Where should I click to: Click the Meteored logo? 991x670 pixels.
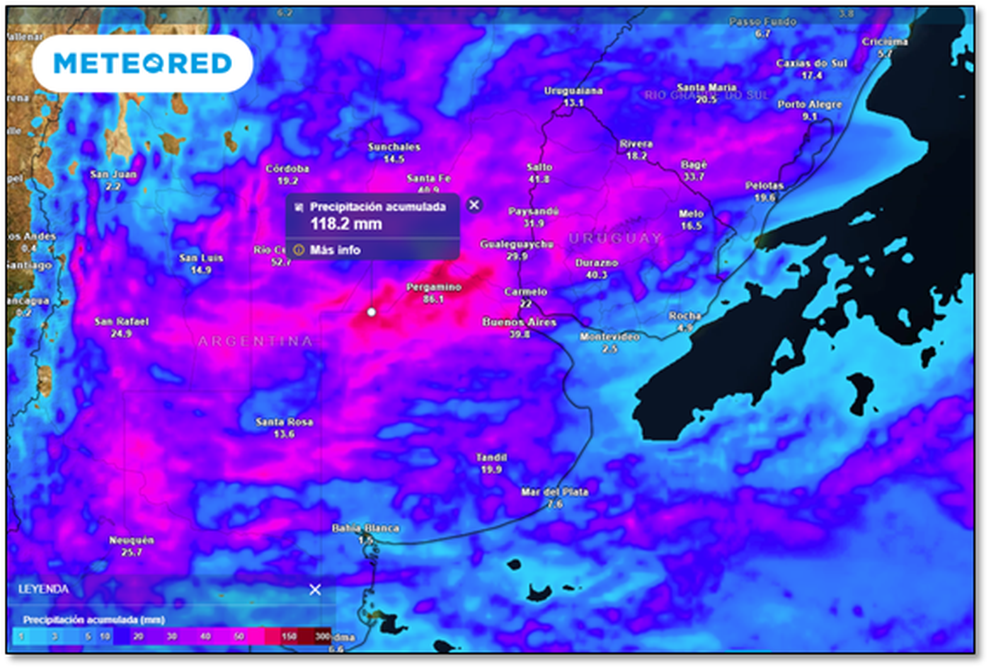(x=142, y=64)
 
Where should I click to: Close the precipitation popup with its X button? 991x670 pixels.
(x=474, y=204)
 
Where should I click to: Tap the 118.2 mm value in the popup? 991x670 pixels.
(x=346, y=224)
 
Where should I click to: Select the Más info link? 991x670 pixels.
(x=334, y=250)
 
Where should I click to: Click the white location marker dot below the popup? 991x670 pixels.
(x=372, y=311)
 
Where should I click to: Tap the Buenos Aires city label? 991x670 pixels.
(x=519, y=322)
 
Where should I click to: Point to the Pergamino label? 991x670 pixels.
(x=433, y=287)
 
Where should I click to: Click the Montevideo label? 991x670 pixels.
(x=609, y=337)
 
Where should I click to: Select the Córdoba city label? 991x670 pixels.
(x=287, y=168)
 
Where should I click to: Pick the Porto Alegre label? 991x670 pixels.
(x=810, y=104)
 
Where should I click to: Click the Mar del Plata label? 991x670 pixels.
(x=554, y=492)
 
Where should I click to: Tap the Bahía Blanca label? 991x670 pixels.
(x=365, y=528)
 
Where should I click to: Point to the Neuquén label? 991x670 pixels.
(x=131, y=540)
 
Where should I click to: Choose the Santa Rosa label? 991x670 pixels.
(x=284, y=422)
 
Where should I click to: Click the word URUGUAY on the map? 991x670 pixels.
(x=615, y=238)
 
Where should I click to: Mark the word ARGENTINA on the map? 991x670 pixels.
(x=255, y=341)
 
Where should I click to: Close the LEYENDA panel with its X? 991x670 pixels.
(x=315, y=589)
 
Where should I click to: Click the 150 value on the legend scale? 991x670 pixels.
(x=289, y=636)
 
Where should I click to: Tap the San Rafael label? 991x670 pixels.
(x=121, y=321)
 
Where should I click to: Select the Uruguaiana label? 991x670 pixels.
(x=573, y=91)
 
